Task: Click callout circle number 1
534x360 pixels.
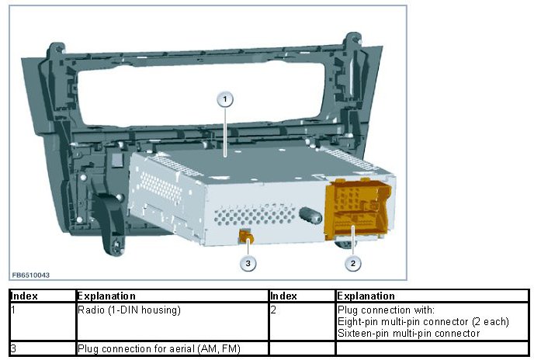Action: click(x=225, y=99)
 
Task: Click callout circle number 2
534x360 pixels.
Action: click(x=353, y=263)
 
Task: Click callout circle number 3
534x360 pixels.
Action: click(x=248, y=263)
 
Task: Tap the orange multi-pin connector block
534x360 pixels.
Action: click(x=357, y=210)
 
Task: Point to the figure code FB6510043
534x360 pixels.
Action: click(x=31, y=275)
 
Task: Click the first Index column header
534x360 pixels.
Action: click(x=25, y=296)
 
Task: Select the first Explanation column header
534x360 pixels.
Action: click(x=106, y=296)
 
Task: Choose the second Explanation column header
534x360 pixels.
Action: click(x=366, y=296)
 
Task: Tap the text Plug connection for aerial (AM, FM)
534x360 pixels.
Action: click(x=147, y=348)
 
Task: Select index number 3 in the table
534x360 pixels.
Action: click(x=13, y=348)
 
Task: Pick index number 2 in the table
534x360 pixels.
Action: click(x=272, y=310)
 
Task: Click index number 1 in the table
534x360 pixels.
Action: click(x=13, y=310)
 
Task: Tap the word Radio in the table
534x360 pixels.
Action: click(x=90, y=310)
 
